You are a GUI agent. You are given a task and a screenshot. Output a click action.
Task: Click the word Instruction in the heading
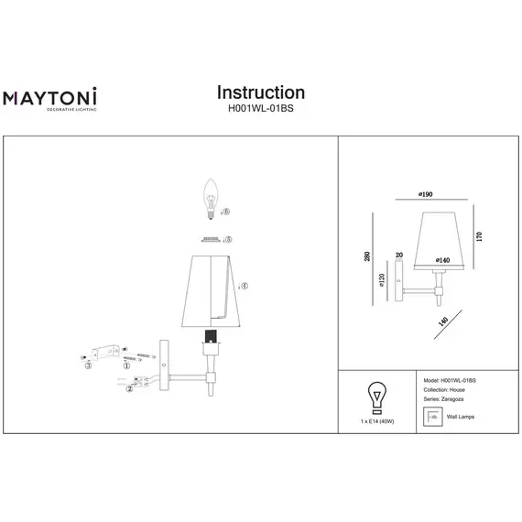(260, 92)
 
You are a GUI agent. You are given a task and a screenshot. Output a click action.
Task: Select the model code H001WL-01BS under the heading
(260, 108)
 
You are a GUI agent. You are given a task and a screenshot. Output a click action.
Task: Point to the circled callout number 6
(226, 212)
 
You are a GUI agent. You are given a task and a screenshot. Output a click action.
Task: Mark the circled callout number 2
(129, 389)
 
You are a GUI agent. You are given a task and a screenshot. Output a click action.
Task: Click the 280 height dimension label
(366, 259)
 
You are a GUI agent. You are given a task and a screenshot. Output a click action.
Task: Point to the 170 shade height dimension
(479, 236)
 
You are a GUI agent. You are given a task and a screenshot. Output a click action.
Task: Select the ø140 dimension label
(443, 261)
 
